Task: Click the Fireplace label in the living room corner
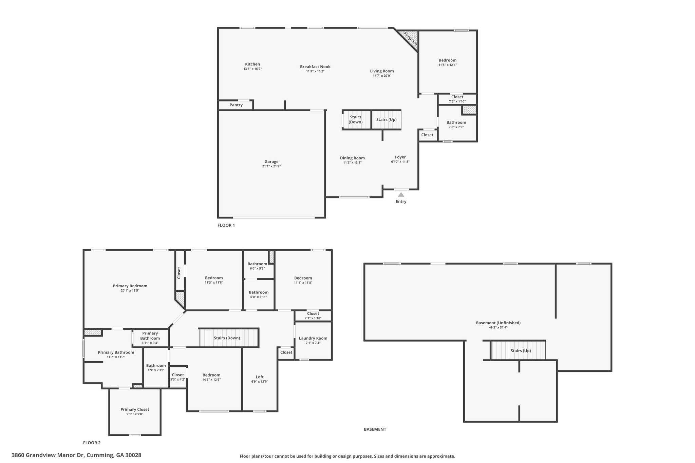[x=410, y=39]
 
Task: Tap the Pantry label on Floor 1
[x=236, y=105]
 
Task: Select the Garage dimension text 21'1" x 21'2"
[x=271, y=166]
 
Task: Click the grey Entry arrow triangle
[x=401, y=195]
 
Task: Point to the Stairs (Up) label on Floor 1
[x=387, y=119]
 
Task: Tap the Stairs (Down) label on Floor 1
[x=356, y=119]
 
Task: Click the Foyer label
[x=400, y=157]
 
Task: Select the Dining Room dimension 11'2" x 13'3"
[x=353, y=162]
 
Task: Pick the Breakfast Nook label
[x=315, y=66]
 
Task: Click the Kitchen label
[x=252, y=64]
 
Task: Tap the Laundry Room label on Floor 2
[x=313, y=338]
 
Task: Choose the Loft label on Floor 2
[x=260, y=377]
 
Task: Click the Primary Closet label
[x=135, y=409]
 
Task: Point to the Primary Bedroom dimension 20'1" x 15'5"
[x=130, y=290]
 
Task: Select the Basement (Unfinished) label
[x=498, y=323]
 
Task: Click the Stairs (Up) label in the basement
[x=521, y=351]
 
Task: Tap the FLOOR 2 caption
[x=92, y=443]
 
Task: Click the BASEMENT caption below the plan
[x=375, y=429]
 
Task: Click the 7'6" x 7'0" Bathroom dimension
[x=456, y=127]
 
